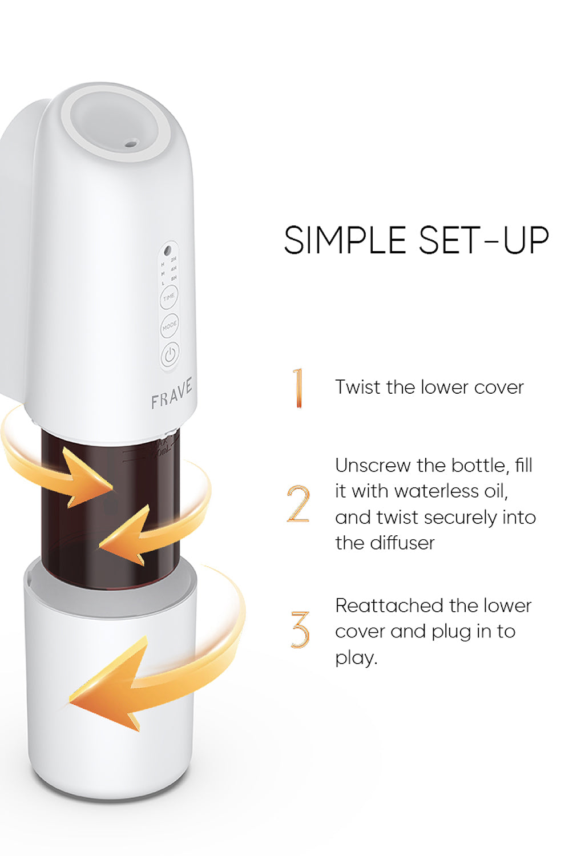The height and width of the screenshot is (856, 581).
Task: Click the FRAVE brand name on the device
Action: coord(171,393)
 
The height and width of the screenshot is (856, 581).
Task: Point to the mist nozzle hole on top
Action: coord(131,143)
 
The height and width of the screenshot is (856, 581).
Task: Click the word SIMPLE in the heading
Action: coord(345,240)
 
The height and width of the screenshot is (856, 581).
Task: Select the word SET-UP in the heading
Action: coord(483,240)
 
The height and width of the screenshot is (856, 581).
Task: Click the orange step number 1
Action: coord(297,388)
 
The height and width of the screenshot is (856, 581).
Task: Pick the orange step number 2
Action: coord(298,504)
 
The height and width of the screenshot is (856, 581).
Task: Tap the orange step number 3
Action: coord(300,629)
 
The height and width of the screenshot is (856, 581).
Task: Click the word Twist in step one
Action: coord(358,387)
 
